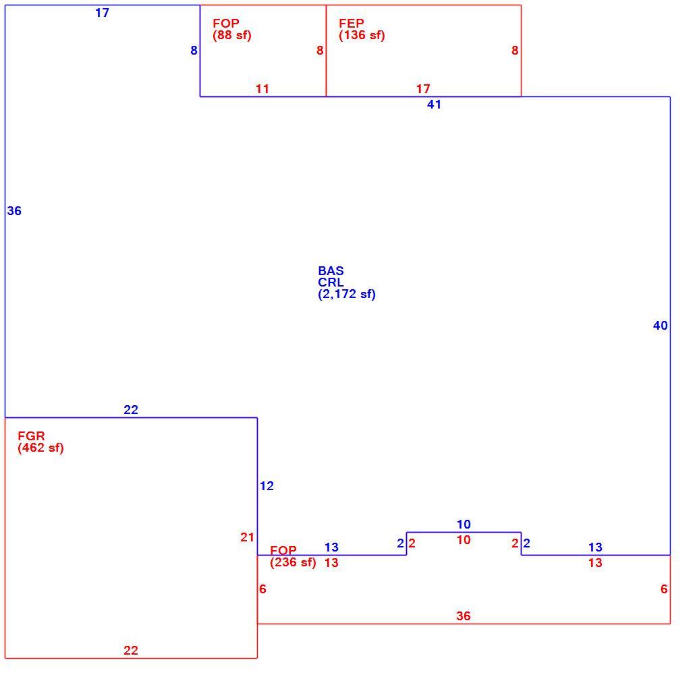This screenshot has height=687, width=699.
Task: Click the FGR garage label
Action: point(31,436)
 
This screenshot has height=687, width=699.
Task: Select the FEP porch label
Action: point(352,23)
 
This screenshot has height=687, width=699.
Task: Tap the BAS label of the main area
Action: point(331,271)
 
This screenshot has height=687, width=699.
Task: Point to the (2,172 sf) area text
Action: point(347,294)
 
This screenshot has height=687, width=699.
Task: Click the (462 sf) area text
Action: point(40,448)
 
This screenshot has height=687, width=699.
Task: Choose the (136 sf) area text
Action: point(362,35)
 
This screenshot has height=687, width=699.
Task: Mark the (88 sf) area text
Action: point(232,35)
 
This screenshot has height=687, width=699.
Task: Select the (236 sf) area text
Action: point(293,562)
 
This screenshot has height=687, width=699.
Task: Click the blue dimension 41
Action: point(435,104)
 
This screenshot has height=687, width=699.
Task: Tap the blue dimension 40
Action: point(661,326)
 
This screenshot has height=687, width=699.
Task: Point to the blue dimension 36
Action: point(14,211)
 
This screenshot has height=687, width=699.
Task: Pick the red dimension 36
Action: point(463,616)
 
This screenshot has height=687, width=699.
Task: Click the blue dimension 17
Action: point(102,13)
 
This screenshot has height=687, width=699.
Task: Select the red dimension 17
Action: point(423,89)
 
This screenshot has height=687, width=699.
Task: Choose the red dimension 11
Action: point(262,89)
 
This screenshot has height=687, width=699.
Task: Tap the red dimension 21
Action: point(247,537)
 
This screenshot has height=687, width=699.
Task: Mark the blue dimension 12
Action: point(267,486)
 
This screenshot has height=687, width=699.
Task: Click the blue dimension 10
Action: point(464,525)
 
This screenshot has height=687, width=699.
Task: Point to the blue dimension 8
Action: point(194,51)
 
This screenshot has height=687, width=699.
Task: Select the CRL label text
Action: point(331,282)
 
